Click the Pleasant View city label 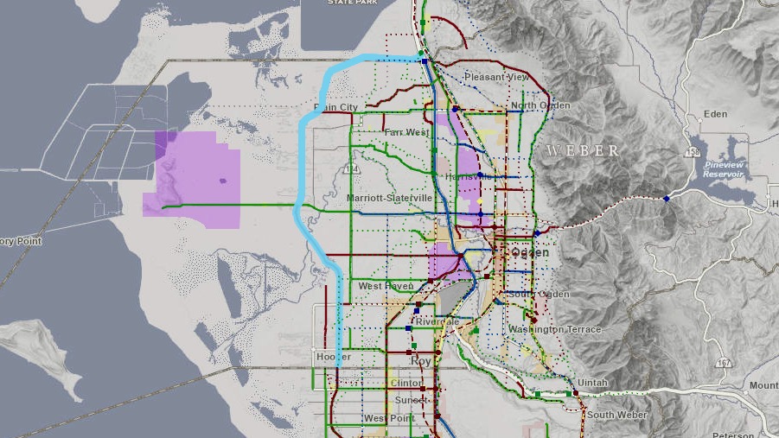pyautogui.click(x=495, y=77)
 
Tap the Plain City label pyautogui.click(x=335, y=107)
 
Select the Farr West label pyautogui.click(x=406, y=132)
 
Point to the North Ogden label pyautogui.click(x=540, y=105)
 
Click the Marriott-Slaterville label pyautogui.click(x=389, y=198)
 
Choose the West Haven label pyautogui.click(x=382, y=286)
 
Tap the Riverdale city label pyautogui.click(x=437, y=321)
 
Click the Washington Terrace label pyautogui.click(x=554, y=329)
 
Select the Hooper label pyautogui.click(x=333, y=356)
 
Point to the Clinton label pyautogui.click(x=406, y=383)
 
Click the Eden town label pyautogui.click(x=715, y=113)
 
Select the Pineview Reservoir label pyautogui.click(x=725, y=167)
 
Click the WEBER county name pyautogui.click(x=583, y=151)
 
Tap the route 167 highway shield pyautogui.click(x=723, y=362)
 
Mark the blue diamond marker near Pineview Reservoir pyautogui.click(x=667, y=199)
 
